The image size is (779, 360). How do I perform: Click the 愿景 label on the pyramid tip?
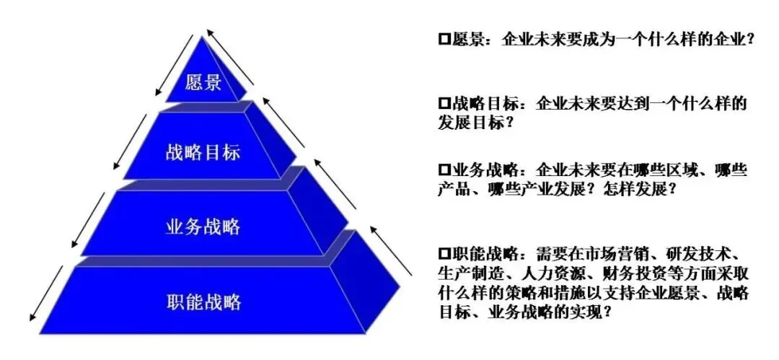pyautogui.click(x=203, y=83)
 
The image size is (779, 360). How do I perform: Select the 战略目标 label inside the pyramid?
pyautogui.click(x=202, y=153)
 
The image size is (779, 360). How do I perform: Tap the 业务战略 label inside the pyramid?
pyautogui.click(x=203, y=227)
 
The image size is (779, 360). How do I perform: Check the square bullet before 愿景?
pyautogui.click(x=444, y=40)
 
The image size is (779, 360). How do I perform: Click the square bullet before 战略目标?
pyautogui.click(x=444, y=104)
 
